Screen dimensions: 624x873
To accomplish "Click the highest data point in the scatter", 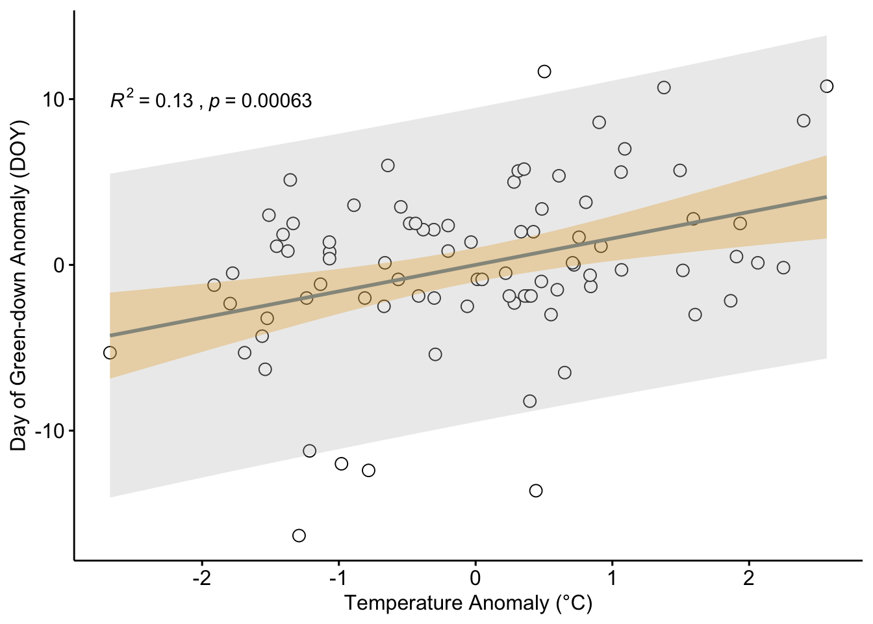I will click(x=544, y=71).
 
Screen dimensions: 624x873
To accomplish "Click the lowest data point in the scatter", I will click(x=299, y=536).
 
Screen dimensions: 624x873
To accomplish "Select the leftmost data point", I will click(x=110, y=353).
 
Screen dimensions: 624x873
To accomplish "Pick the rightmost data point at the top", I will click(x=827, y=86).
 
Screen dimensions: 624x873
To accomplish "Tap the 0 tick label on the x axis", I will click(x=475, y=578).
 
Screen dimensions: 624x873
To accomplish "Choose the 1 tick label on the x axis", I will click(x=612, y=578).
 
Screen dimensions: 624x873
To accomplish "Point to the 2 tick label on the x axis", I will click(x=749, y=578).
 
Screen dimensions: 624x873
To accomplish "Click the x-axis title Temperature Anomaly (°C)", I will click(x=468, y=603).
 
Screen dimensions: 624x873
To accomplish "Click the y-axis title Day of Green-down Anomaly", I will click(x=19, y=285).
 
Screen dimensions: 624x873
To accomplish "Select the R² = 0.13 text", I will click(x=151, y=101).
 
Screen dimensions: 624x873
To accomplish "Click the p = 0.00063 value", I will click(x=260, y=101).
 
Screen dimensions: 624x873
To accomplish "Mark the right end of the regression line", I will click(x=826, y=196).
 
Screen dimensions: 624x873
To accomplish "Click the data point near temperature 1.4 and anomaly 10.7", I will click(x=664, y=88).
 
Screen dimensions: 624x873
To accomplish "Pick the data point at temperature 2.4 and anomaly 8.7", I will click(x=803, y=121).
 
